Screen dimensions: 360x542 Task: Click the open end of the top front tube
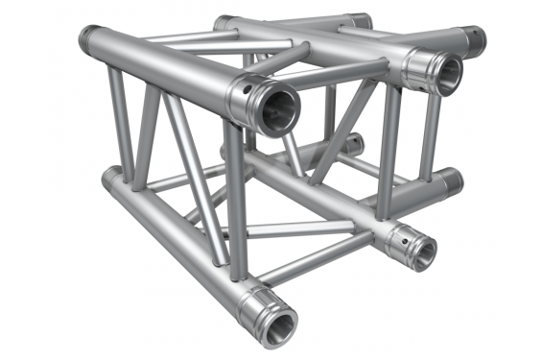tap(275, 108)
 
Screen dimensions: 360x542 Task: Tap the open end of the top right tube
tap(447, 74)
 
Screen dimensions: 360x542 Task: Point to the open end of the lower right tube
tap(418, 252)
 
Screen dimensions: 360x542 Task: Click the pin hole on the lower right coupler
tap(403, 232)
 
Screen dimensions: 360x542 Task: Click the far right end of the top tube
tap(474, 41)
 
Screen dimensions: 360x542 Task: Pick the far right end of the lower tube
tap(450, 180)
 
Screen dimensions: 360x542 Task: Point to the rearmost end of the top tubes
tap(360, 19)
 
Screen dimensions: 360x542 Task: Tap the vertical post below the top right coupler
tap(389, 154)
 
